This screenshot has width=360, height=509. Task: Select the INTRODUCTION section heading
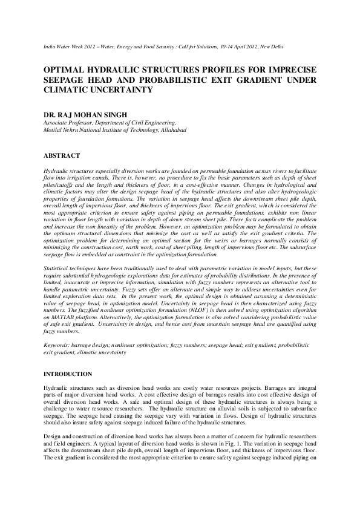click(68, 374)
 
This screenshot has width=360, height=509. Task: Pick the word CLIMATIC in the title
click(67, 90)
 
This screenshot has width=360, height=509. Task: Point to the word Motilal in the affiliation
click(54, 130)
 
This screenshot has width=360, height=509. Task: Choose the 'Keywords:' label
click(58, 346)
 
